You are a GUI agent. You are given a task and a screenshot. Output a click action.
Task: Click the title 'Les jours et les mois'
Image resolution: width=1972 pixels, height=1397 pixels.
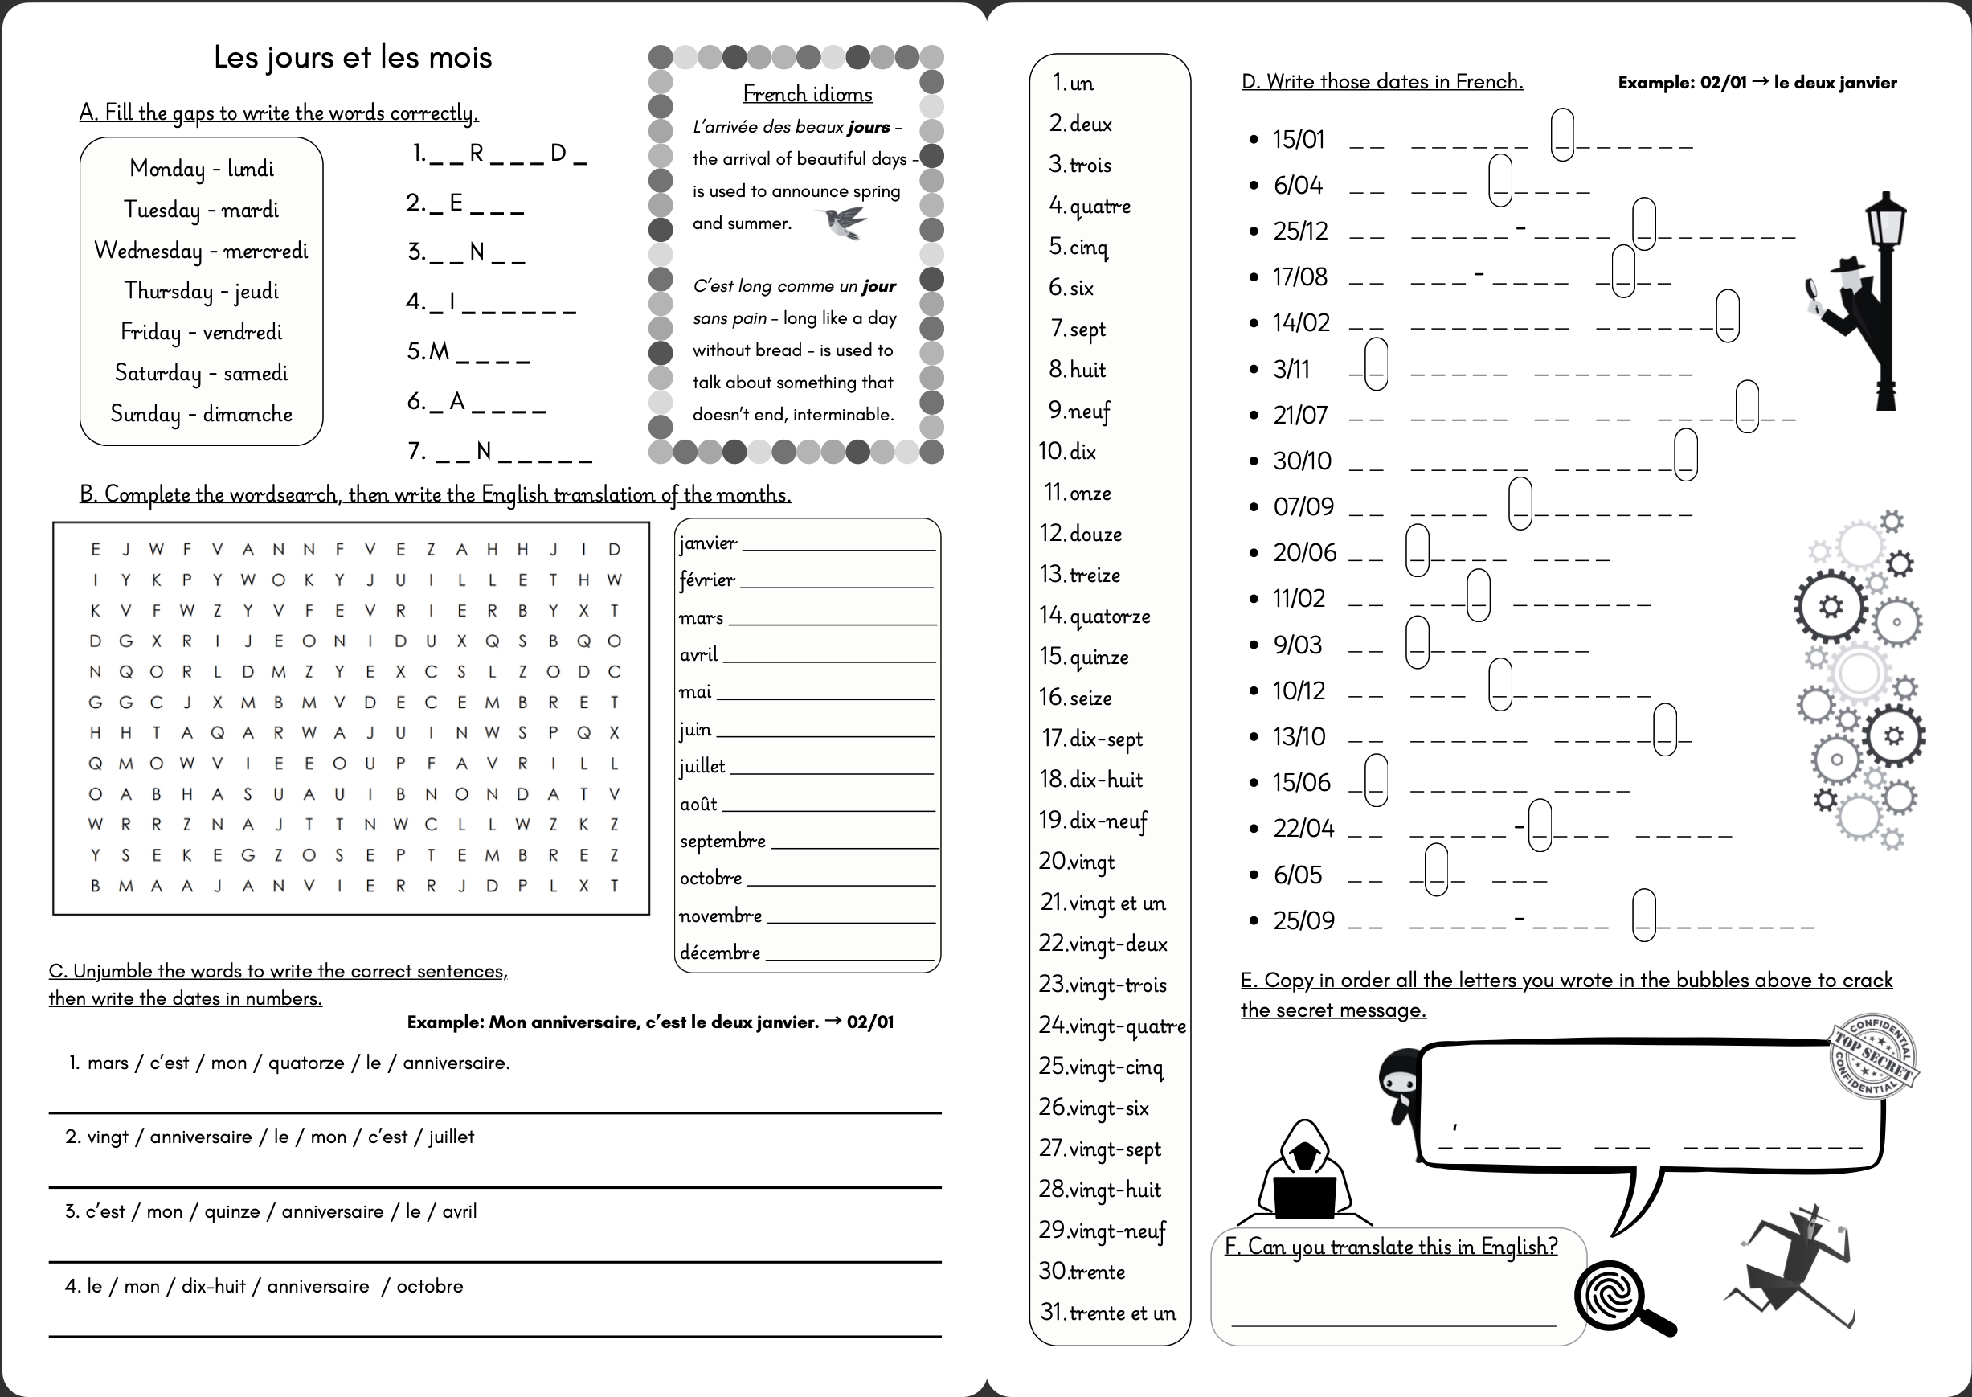click(353, 57)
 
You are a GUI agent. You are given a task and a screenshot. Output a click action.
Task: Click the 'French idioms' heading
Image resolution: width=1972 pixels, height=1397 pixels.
click(807, 93)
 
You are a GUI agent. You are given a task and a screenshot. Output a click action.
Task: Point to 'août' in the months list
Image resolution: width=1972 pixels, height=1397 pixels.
click(698, 804)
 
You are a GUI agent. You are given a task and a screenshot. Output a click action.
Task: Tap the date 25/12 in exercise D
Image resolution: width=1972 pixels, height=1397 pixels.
click(1300, 231)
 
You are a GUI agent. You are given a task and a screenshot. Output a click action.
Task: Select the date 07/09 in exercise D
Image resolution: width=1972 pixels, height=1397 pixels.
click(1303, 506)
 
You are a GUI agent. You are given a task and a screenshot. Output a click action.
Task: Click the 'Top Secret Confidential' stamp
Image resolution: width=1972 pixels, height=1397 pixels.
click(1874, 1057)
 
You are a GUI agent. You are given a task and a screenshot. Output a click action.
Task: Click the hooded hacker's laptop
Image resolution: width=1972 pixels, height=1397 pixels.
click(1305, 1197)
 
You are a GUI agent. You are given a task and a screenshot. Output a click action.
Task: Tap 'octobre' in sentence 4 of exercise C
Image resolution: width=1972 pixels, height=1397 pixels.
click(429, 1286)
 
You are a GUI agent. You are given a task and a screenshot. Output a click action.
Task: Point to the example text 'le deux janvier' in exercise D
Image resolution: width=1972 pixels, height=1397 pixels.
click(1835, 83)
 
